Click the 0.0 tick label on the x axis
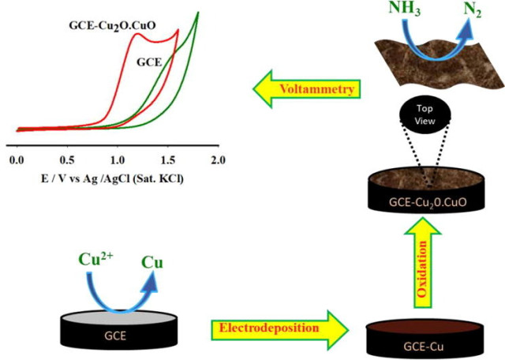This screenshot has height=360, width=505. coord(17,159)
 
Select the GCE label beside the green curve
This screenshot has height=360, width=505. coord(150,61)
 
